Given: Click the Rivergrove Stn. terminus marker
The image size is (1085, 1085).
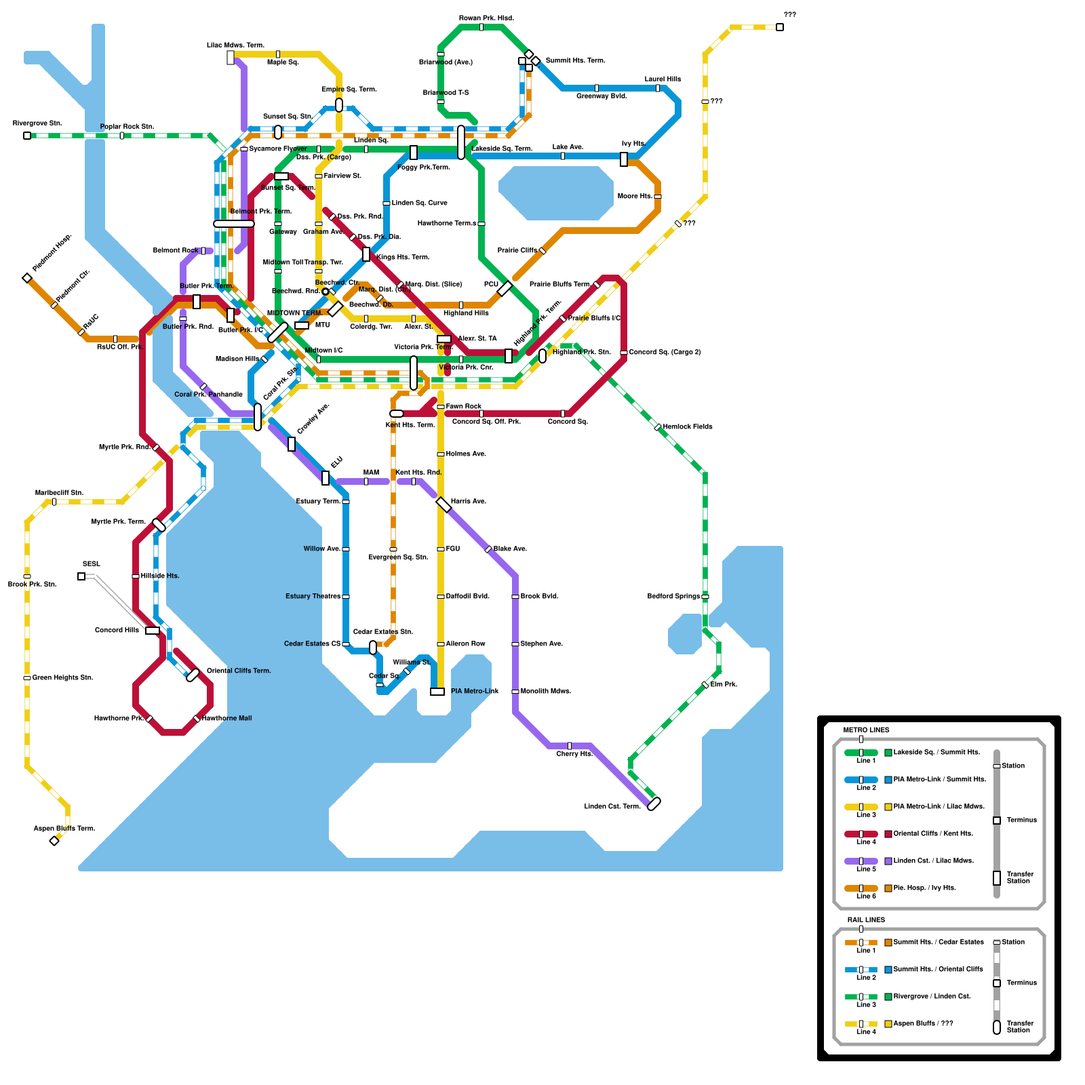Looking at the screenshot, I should (x=27, y=136).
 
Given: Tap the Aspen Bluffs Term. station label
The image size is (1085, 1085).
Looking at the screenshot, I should (x=64, y=828).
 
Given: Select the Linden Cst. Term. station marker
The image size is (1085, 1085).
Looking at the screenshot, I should (x=654, y=804).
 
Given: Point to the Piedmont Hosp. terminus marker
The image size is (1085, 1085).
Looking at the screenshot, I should (x=27, y=278).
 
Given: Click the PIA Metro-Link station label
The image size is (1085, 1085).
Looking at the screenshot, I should (x=475, y=691).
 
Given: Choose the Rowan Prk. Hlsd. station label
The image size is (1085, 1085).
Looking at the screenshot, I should (x=486, y=18).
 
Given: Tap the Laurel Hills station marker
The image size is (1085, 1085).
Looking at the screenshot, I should (x=658, y=88).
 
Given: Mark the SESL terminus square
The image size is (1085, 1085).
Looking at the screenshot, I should (x=81, y=576).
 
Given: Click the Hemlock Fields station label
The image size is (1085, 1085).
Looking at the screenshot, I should (x=688, y=427).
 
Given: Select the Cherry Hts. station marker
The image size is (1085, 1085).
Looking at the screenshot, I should (x=570, y=746).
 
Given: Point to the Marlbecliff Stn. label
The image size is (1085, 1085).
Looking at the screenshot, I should (x=59, y=492).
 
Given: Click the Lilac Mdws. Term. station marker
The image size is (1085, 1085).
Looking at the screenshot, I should (x=231, y=58).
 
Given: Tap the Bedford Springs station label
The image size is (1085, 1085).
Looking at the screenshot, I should (x=673, y=596).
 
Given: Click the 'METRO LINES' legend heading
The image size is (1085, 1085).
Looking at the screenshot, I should (x=866, y=730).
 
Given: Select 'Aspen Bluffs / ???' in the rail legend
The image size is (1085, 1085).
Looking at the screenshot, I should (x=923, y=1023).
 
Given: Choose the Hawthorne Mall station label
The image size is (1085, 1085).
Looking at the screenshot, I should (x=227, y=718).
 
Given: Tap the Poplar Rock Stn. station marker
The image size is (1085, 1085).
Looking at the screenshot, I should (x=122, y=136).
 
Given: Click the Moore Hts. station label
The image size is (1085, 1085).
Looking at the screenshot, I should (x=635, y=196).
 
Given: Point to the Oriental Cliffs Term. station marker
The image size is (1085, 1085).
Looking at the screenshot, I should (x=193, y=675).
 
